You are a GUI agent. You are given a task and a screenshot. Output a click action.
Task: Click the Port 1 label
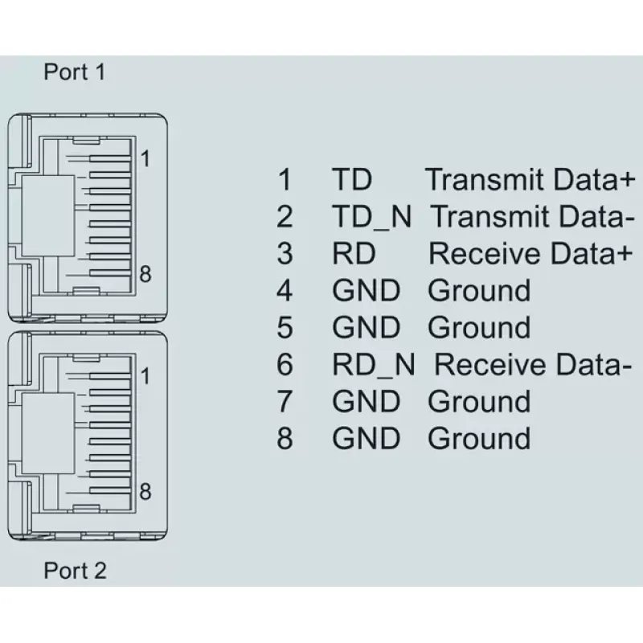75,72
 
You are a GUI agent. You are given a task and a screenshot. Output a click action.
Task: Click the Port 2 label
75,571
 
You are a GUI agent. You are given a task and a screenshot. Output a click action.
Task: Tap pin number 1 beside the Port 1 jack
145,158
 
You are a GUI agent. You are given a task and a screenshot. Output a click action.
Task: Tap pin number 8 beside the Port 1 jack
145,274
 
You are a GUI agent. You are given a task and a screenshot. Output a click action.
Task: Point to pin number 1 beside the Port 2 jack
145,376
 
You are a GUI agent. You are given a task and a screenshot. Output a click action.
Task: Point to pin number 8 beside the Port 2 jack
145,491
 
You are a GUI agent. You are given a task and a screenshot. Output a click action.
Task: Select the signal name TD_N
372,217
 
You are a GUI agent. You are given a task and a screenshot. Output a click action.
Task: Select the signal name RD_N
374,365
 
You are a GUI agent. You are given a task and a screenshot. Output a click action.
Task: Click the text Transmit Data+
530,179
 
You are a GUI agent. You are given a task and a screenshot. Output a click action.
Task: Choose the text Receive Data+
530,253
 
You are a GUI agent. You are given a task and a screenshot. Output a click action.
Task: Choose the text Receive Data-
533,365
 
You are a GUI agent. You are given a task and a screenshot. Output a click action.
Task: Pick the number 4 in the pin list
285,291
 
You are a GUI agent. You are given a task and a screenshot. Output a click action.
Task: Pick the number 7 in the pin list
285,401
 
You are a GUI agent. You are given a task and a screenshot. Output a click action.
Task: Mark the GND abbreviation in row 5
366,328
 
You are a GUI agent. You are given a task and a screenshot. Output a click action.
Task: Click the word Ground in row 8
479,438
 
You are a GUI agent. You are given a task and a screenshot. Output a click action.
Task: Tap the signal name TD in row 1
352,179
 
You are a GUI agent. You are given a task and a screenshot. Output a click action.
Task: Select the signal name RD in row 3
354,253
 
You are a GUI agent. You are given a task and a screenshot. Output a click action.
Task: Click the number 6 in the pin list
285,365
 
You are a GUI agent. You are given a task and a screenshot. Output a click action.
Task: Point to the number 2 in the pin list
285,216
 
